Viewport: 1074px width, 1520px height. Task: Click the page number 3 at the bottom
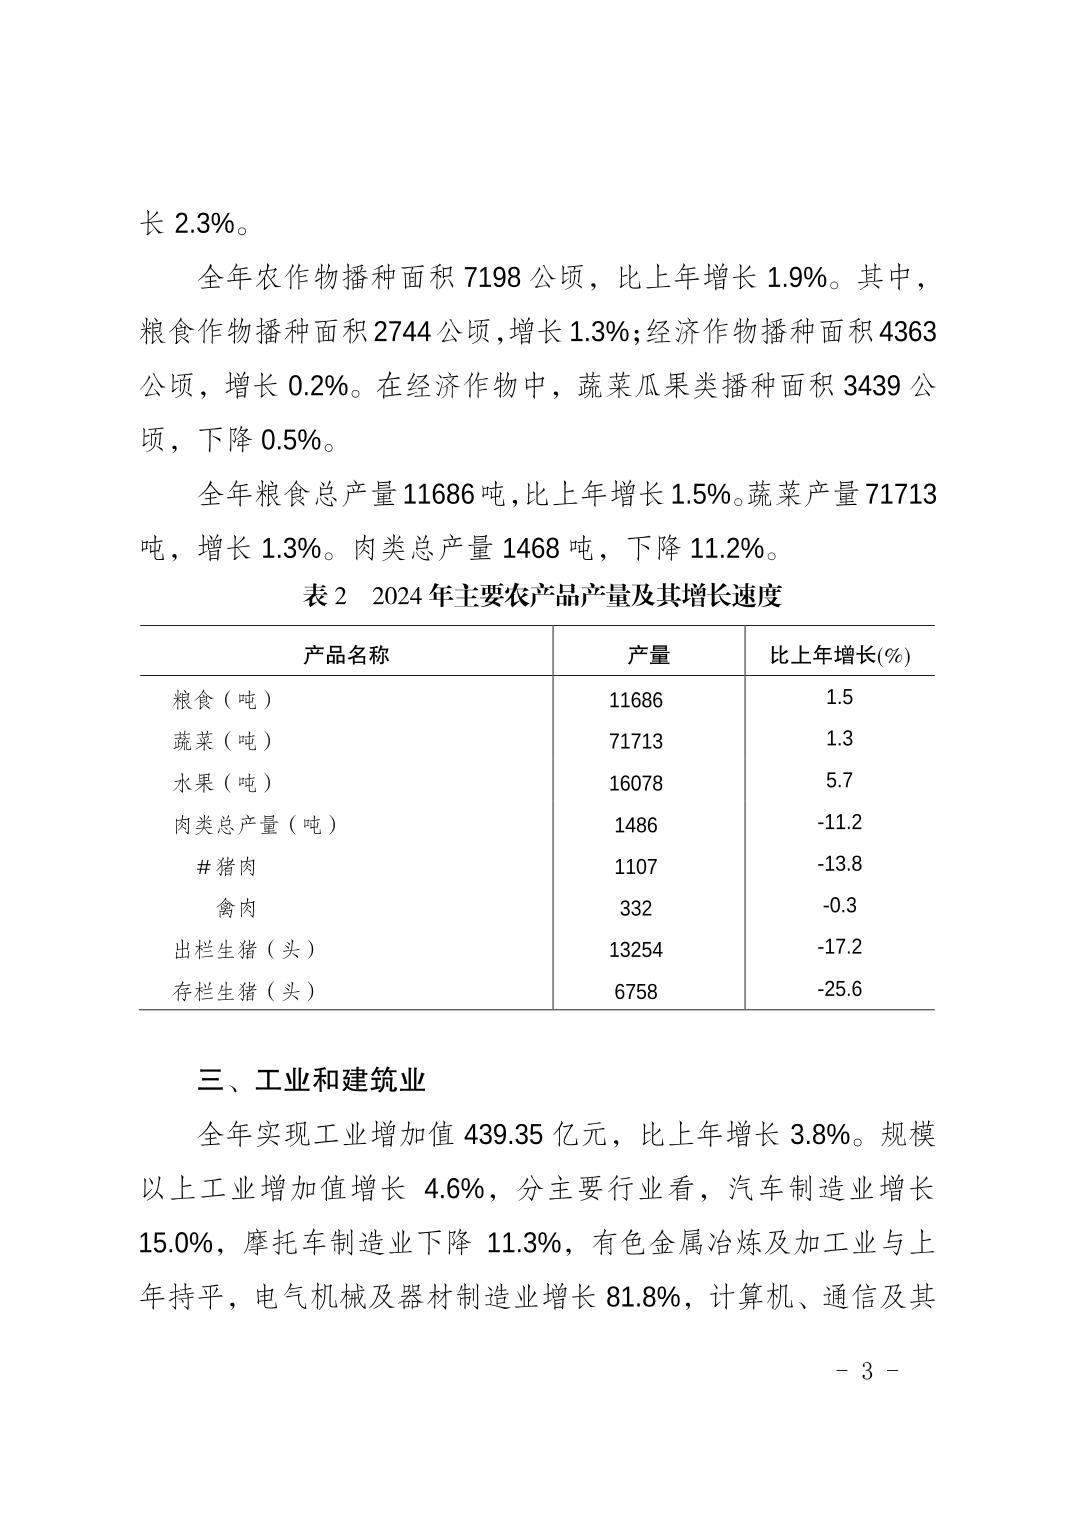pos(867,1371)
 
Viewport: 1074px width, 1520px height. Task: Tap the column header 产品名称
pos(346,655)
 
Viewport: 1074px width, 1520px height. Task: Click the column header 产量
pos(648,655)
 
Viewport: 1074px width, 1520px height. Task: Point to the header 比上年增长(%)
pos(839,655)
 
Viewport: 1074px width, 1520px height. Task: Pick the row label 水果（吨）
pos(223,782)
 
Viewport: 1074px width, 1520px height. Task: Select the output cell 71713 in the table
pos(636,741)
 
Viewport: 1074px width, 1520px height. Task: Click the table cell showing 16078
pos(636,783)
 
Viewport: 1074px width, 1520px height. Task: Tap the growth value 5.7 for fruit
pos(839,780)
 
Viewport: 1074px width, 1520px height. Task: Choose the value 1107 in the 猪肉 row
pos(636,866)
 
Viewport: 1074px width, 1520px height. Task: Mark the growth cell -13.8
pos(839,864)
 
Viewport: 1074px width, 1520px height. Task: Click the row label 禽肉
pos(237,908)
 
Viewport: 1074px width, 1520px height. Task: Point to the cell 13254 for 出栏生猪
pos(636,950)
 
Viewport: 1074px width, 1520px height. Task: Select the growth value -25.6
pos(839,989)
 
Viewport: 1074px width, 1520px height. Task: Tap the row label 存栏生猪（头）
pos(245,992)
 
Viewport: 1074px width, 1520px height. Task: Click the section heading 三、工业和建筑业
pos(312,1080)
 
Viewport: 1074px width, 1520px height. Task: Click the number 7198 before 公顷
pos(493,277)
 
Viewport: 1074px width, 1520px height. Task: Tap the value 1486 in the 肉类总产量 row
pos(636,825)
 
